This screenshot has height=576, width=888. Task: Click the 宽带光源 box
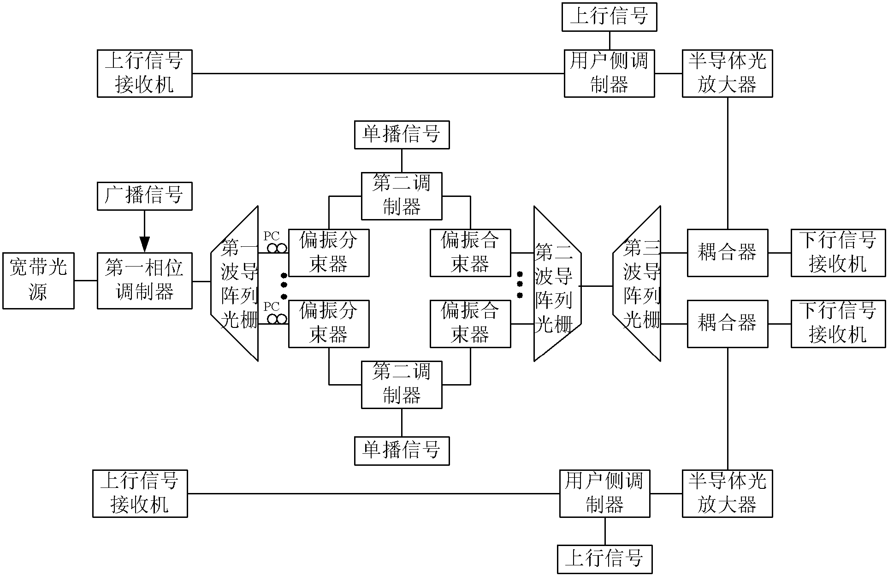pos(38,280)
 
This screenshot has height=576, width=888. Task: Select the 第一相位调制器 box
pos(144,280)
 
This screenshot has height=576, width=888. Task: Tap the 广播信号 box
pos(144,196)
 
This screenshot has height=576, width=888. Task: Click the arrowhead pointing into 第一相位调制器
pos(144,244)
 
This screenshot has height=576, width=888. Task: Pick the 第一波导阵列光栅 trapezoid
pos(235,283)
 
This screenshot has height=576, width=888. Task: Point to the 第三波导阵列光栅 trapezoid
pos(638,283)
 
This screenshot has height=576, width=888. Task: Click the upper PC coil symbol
pos(276,248)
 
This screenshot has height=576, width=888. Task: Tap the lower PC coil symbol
pos(276,319)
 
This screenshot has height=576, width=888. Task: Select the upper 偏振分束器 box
pos(329,253)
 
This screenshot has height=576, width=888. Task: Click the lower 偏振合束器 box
pos(470,324)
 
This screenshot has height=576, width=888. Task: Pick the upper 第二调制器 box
pos(402,196)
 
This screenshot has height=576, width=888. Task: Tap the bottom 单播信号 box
pos(402,451)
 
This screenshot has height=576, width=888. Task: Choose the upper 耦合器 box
pos(728,253)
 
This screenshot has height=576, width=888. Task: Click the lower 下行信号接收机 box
pos(838,324)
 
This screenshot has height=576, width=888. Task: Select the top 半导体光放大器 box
pos(727,73)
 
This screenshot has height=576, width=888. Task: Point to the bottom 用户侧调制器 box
pos(605,493)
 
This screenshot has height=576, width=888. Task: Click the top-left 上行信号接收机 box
pos(144,73)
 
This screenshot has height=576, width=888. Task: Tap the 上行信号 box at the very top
pos(609,17)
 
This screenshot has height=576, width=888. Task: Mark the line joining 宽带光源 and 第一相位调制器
pos(85,280)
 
